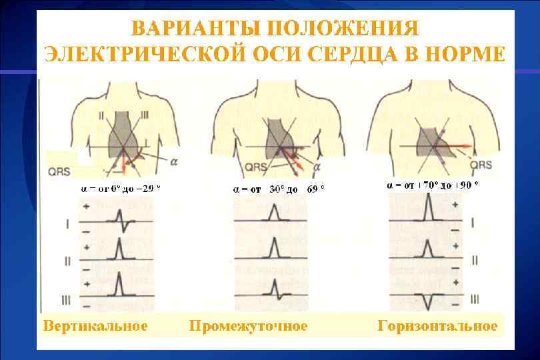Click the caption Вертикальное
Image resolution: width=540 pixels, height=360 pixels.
tap(95, 326)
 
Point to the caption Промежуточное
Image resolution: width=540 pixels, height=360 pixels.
tap(248, 326)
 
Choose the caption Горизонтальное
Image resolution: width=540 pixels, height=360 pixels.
tap(437, 326)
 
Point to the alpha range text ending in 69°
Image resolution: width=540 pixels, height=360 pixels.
tap(279, 189)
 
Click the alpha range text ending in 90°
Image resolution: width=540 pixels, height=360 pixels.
tap(433, 185)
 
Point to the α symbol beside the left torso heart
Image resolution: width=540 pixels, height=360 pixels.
tap(174, 162)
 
